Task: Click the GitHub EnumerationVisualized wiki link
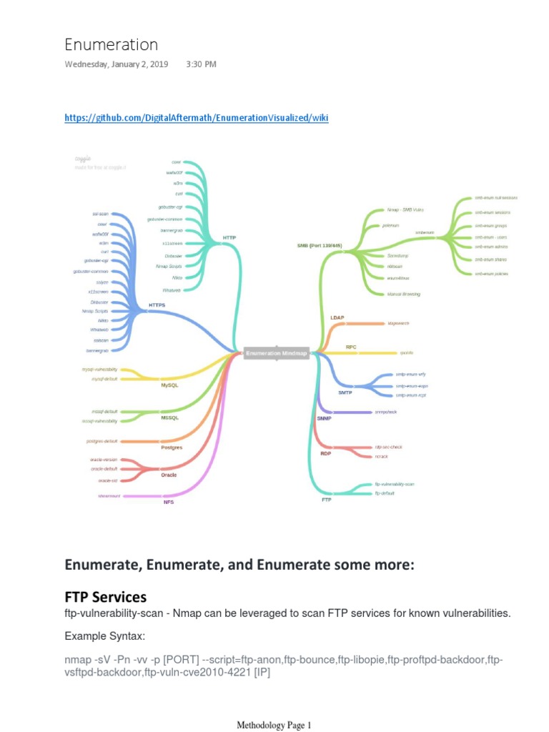coord(197,118)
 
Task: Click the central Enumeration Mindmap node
coord(277,353)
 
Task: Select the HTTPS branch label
coord(157,305)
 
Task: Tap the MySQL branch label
coord(169,385)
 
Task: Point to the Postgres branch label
coord(172,447)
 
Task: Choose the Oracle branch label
coord(169,475)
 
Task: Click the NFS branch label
coord(169,502)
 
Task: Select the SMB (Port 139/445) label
coord(320,245)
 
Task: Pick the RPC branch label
coord(351,347)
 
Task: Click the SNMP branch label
coord(324,417)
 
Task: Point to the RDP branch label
coord(326,453)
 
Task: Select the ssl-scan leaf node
coord(100,214)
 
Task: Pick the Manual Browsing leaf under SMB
coord(403,294)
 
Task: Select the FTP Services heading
coord(106,597)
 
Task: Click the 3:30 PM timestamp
coord(201,64)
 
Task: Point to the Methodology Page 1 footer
coord(274,726)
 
